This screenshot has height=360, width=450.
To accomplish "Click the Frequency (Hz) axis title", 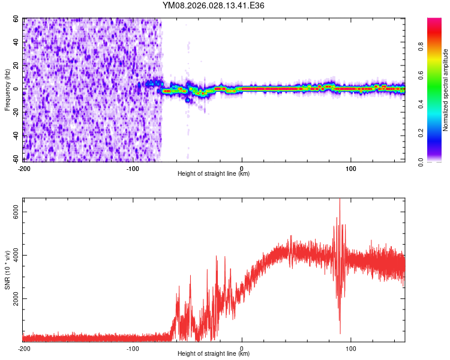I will click(7, 89).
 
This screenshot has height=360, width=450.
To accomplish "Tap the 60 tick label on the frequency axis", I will click(16, 19).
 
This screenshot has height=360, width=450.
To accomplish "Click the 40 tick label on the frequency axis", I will click(16, 42).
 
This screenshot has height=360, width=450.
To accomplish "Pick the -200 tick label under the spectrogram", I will click(25, 168).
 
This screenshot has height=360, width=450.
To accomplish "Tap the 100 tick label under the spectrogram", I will click(351, 168).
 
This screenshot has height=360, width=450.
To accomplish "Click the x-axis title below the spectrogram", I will click(214, 174).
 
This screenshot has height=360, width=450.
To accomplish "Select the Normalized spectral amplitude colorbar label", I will click(446, 89).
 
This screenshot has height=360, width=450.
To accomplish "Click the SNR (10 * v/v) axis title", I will click(7, 270).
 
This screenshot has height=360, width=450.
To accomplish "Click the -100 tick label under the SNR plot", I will click(133, 348).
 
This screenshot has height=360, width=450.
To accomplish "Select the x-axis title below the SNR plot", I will click(214, 354).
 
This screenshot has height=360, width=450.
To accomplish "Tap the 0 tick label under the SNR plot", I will click(242, 348).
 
